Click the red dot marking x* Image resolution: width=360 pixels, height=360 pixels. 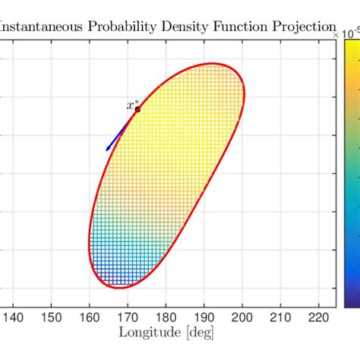pos(137,109)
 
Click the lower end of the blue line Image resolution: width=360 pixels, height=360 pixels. pos(107,150)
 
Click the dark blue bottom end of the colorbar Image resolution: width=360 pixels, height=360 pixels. pos(352,302)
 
